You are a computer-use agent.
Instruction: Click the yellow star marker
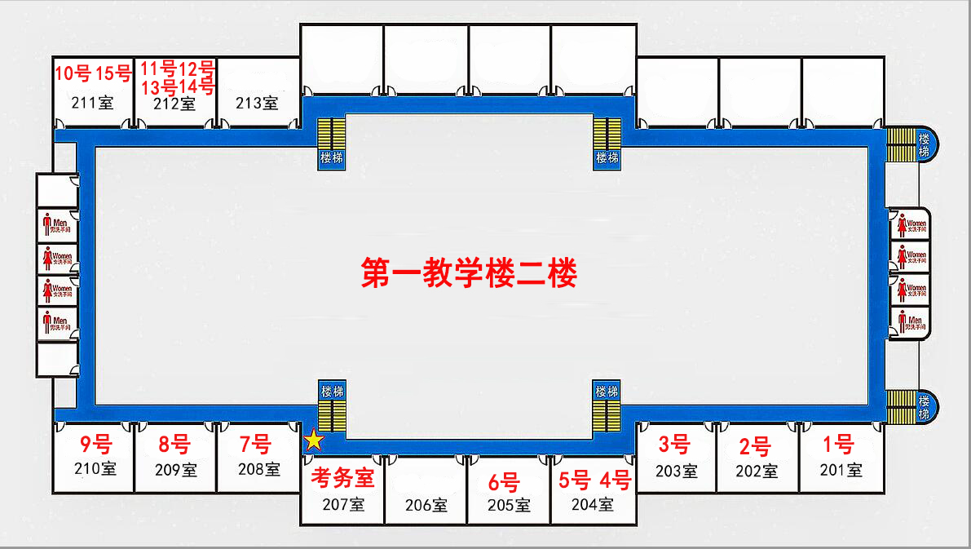(x=314, y=441)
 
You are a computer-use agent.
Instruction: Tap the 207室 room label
(x=343, y=504)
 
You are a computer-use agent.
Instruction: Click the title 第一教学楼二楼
(x=469, y=273)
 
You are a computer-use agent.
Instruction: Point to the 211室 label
(x=93, y=103)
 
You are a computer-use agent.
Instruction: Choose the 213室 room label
(x=257, y=103)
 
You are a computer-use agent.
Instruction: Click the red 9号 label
(x=95, y=445)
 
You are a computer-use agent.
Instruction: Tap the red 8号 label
(x=174, y=445)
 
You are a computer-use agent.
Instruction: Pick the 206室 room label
(x=426, y=505)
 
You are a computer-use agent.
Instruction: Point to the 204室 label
(x=593, y=504)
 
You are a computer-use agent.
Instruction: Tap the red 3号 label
(x=674, y=445)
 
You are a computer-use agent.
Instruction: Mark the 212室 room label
(x=174, y=103)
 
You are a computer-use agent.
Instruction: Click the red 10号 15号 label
(x=93, y=73)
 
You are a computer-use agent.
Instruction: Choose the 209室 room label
(x=175, y=470)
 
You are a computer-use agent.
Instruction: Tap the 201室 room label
(x=841, y=470)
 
